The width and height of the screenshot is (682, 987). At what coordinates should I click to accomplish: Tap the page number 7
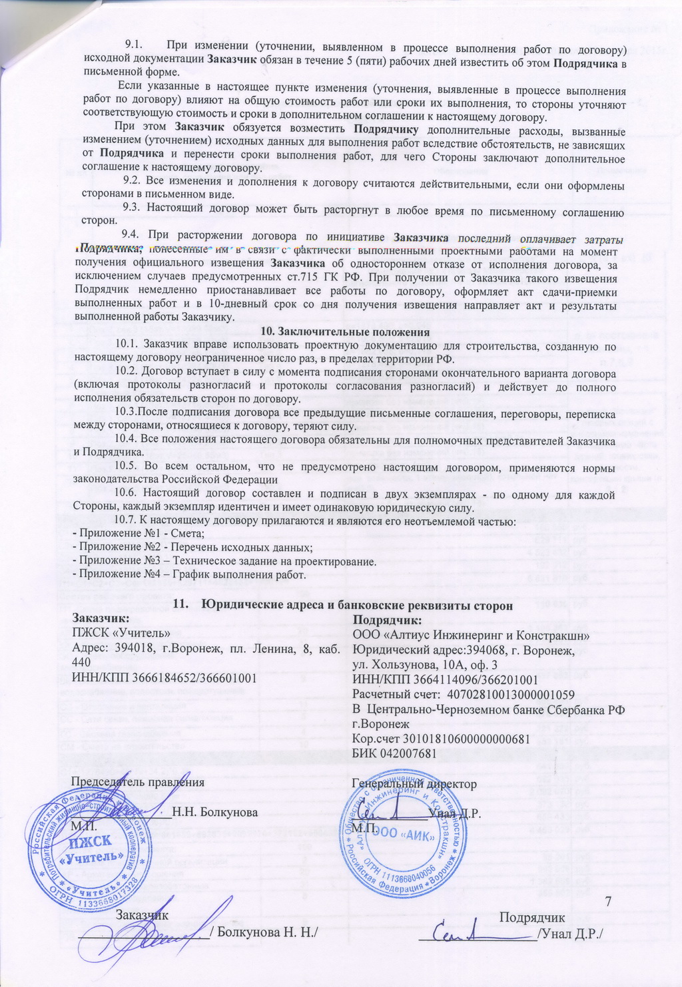pyautogui.click(x=607, y=901)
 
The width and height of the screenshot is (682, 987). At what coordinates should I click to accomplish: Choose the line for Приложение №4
pyautogui.click(x=189, y=575)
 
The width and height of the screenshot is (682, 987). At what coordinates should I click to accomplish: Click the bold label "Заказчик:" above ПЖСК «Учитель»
pyautogui.click(x=99, y=619)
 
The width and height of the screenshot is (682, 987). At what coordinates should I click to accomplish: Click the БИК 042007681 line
pyautogui.click(x=394, y=753)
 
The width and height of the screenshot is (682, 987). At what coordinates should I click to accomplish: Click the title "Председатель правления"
pyautogui.click(x=138, y=782)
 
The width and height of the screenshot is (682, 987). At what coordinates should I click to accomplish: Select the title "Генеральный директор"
pyautogui.click(x=414, y=783)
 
